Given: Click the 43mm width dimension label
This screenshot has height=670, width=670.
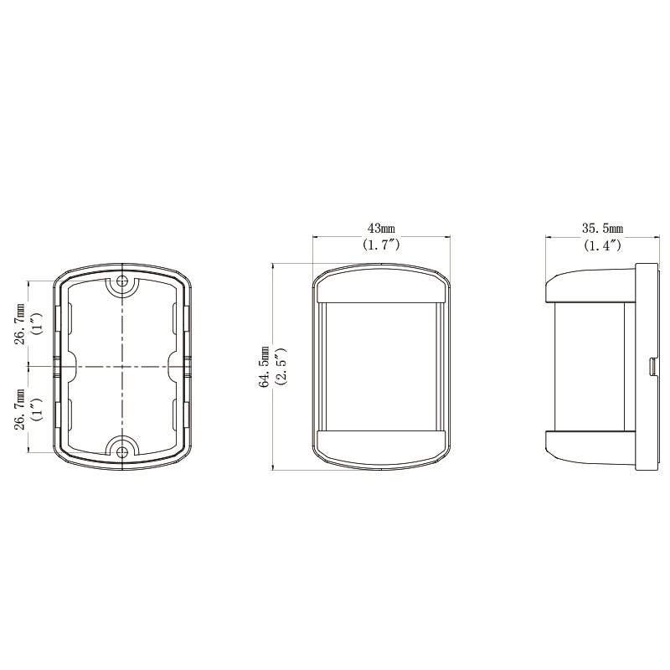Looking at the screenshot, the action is [x=381, y=229].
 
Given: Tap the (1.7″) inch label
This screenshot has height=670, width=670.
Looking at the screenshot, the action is [x=381, y=245].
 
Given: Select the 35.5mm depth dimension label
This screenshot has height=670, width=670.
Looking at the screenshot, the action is [x=602, y=229].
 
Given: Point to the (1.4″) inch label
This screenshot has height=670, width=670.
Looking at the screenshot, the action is [x=602, y=245].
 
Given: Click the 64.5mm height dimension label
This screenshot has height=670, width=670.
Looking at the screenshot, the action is [x=265, y=367].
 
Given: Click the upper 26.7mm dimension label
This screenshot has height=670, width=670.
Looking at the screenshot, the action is [x=20, y=323].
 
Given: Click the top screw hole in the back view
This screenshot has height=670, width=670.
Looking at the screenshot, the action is [x=122, y=281].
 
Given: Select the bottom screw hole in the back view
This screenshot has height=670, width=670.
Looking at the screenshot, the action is [x=122, y=451].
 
